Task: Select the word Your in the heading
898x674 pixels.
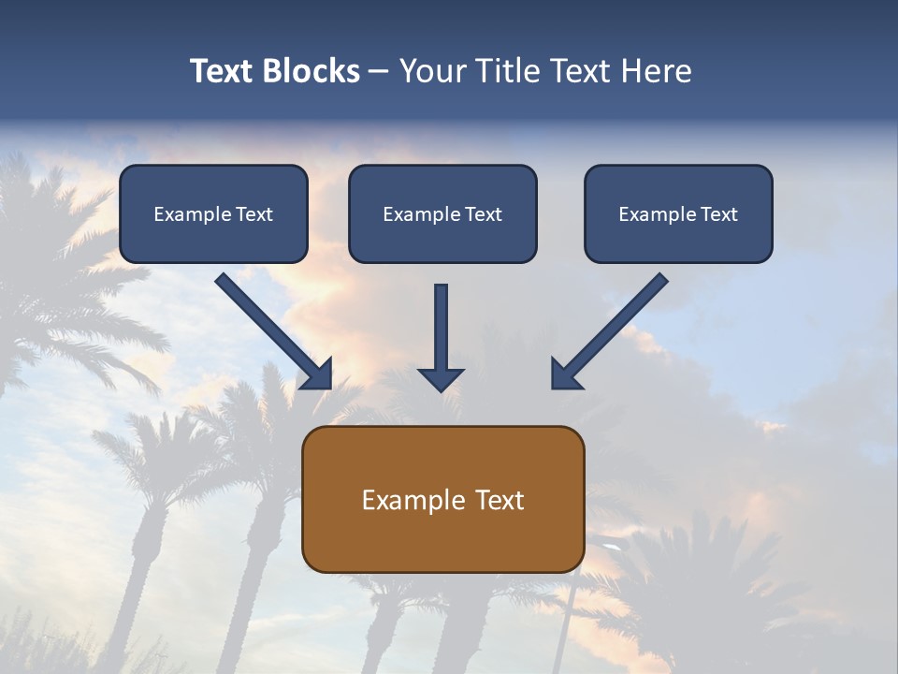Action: (x=433, y=71)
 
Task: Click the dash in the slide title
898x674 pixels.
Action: (x=379, y=72)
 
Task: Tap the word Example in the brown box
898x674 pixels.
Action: (x=414, y=500)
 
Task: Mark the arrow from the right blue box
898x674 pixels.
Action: (x=613, y=328)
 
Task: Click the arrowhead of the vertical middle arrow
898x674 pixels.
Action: (x=441, y=379)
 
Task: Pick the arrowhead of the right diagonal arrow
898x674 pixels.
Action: (x=564, y=374)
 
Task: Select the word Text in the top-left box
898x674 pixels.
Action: (x=254, y=214)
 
